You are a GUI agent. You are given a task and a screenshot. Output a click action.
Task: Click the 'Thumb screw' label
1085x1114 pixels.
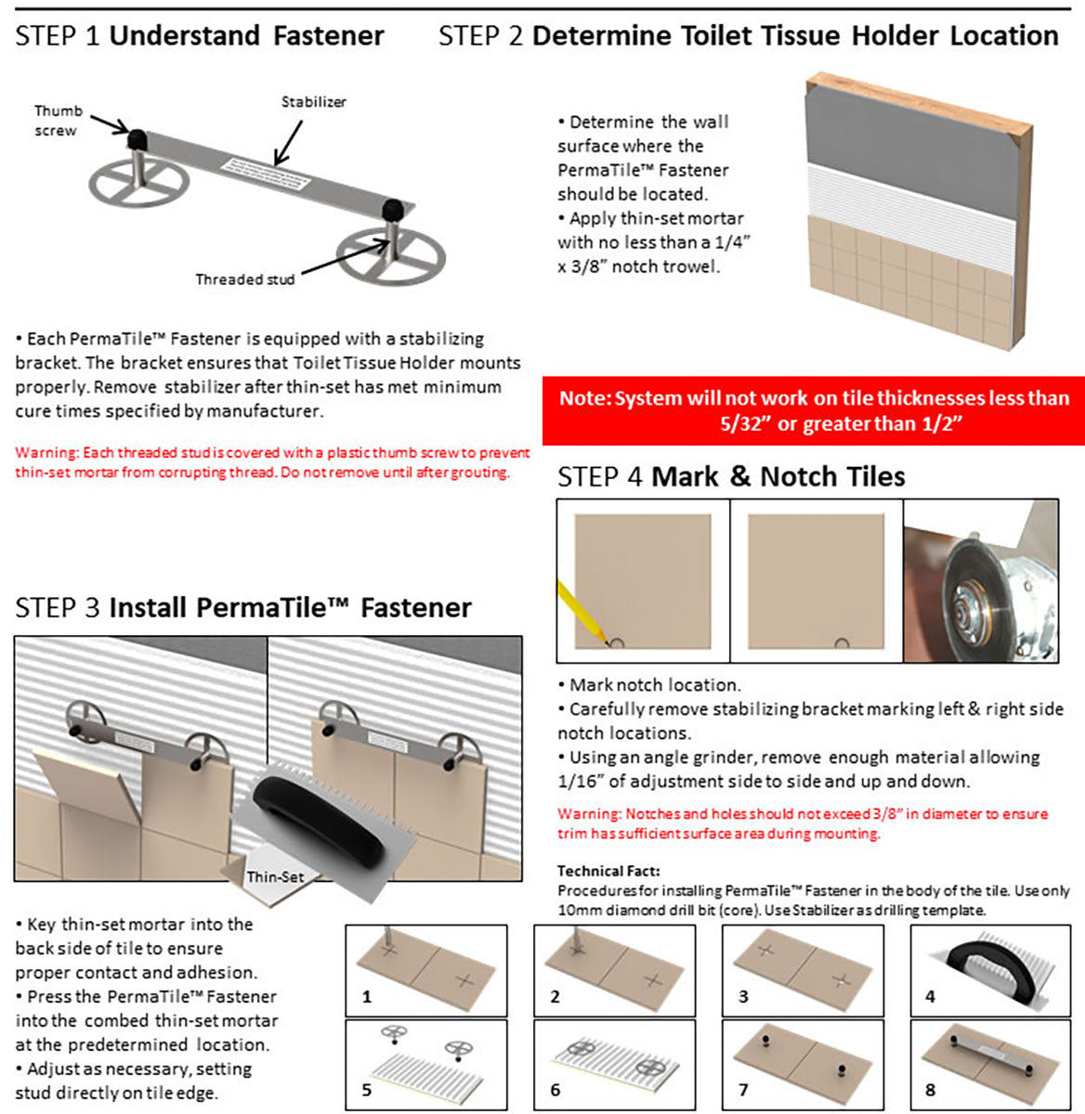pyautogui.click(x=58, y=121)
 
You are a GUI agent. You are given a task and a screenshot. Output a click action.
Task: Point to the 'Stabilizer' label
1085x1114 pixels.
pyautogui.click(x=313, y=102)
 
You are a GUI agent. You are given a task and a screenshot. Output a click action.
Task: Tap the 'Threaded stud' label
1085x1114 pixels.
pyautogui.click(x=244, y=279)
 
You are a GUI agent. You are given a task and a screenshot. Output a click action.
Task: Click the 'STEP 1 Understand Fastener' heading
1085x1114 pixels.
pyautogui.click(x=200, y=36)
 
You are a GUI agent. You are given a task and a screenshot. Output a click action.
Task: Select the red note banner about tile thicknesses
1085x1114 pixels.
pyautogui.click(x=814, y=410)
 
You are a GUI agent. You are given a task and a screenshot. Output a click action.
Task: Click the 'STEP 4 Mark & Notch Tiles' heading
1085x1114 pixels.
pyautogui.click(x=730, y=477)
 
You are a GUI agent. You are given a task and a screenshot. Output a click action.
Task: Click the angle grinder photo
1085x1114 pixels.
pyautogui.click(x=980, y=580)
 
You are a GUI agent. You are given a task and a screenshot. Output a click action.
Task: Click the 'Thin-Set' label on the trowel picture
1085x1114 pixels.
pyautogui.click(x=275, y=876)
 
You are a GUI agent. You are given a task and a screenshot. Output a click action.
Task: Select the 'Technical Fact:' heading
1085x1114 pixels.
pyautogui.click(x=608, y=871)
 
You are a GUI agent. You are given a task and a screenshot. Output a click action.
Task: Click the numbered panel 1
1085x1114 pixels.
pyautogui.click(x=426, y=969)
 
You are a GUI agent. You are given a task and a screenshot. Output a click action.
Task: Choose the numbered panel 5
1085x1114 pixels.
pyautogui.click(x=426, y=1065)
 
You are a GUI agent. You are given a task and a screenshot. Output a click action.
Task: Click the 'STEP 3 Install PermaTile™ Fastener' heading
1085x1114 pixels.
pyautogui.click(x=243, y=608)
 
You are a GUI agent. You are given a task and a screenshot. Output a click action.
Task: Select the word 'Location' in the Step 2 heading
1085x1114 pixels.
pyautogui.click(x=1004, y=36)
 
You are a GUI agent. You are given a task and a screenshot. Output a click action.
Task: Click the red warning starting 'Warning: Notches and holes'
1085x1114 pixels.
pyautogui.click(x=803, y=823)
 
